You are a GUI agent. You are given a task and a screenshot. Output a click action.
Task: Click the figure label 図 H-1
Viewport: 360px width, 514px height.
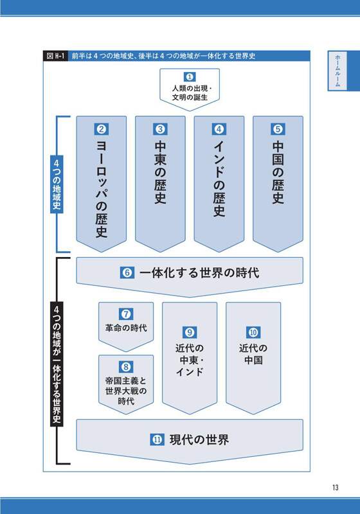[x=55, y=56]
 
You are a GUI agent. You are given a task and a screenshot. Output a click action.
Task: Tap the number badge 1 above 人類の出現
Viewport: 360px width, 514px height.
[x=190, y=77]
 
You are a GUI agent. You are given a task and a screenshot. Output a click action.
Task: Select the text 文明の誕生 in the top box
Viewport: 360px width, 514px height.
[x=190, y=98]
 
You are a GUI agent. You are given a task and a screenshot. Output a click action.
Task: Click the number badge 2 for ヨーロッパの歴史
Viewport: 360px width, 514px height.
[x=102, y=129]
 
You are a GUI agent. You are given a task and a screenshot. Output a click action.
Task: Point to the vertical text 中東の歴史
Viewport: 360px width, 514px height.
[x=160, y=173]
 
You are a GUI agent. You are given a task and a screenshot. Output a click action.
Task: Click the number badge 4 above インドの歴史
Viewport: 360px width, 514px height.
[x=219, y=129]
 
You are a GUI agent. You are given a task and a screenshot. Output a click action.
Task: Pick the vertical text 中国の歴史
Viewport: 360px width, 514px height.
[x=278, y=173]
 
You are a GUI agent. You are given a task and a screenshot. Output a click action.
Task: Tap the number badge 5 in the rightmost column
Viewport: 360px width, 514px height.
[x=278, y=129]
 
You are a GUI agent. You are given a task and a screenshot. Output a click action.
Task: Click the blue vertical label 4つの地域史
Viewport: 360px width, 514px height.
[x=57, y=184]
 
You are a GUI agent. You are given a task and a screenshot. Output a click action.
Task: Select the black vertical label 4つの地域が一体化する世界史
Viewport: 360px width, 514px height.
[x=57, y=364]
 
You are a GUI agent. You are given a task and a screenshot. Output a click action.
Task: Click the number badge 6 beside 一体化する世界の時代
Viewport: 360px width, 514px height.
[x=127, y=272]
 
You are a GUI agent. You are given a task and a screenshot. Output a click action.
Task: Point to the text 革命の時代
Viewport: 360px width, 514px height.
[x=126, y=328]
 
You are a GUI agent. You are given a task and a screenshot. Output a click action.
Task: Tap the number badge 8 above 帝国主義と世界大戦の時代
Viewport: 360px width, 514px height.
[x=126, y=367]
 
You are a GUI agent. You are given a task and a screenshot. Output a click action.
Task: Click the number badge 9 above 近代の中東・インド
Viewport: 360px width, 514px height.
[x=190, y=332]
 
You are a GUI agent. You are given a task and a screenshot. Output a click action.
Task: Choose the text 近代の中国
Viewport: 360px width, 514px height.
[x=253, y=354]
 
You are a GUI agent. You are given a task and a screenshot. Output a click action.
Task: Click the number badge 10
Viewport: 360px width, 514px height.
[x=253, y=332]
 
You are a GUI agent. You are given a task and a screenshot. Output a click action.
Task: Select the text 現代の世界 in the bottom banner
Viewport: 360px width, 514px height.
[x=199, y=439]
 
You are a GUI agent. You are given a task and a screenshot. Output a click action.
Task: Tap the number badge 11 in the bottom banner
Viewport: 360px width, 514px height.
[x=157, y=439]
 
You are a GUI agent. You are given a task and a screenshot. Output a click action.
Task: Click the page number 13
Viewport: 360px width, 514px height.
[x=335, y=488]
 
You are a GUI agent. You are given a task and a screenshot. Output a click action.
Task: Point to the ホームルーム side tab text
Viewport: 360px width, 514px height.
[x=337, y=71]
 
